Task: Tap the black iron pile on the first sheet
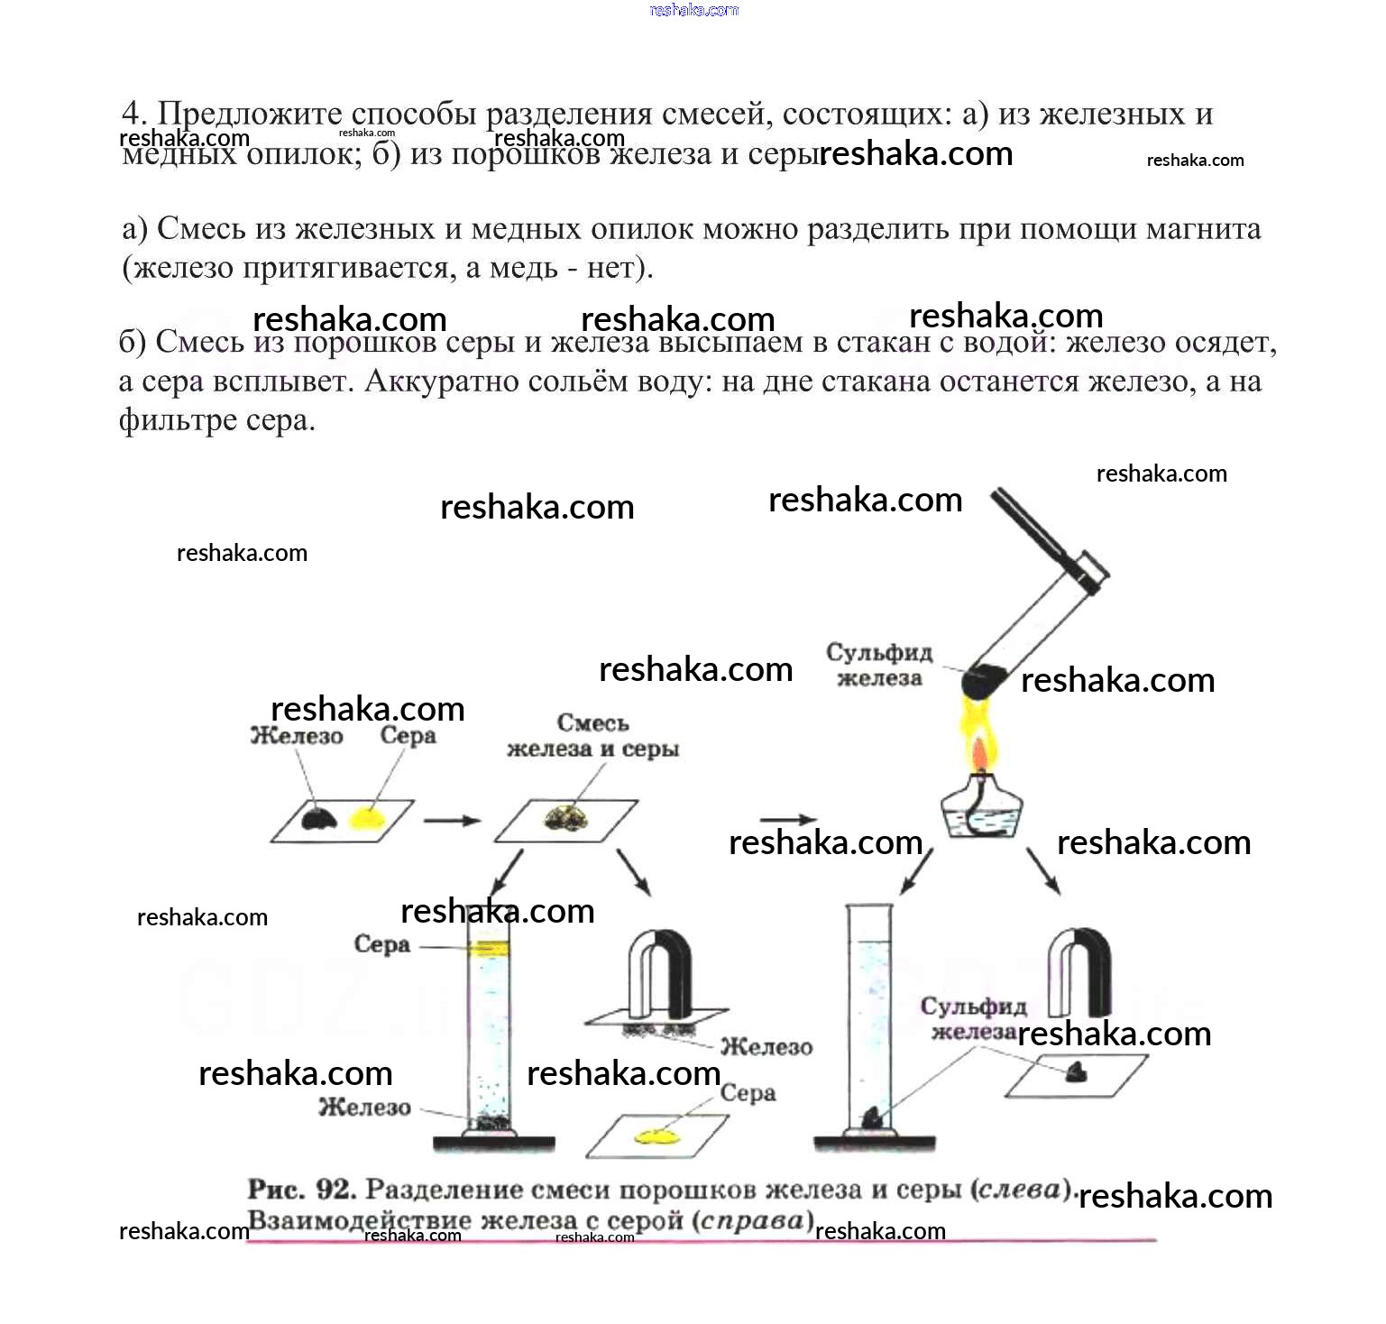(318, 817)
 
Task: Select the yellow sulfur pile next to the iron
(367, 817)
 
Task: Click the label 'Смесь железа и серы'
(592, 735)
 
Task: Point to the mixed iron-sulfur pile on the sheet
(566, 819)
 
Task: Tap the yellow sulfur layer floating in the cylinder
(487, 948)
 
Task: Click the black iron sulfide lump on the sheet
(1076, 1071)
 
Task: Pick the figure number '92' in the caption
(334, 1190)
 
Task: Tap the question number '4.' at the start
(134, 114)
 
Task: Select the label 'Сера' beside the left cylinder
(381, 944)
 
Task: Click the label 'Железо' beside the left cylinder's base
(364, 1107)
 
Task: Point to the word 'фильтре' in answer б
(173, 420)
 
